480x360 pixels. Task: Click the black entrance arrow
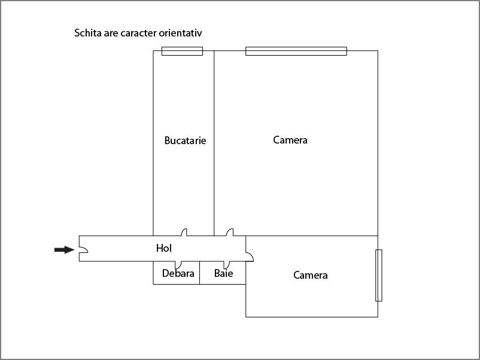tap(64, 249)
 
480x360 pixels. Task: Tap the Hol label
tap(164, 248)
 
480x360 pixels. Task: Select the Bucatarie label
tap(185, 141)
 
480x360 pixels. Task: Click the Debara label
tap(178, 273)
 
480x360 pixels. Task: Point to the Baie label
tap(223, 273)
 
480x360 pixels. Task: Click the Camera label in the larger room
tap(290, 140)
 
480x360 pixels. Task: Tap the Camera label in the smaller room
tap(311, 275)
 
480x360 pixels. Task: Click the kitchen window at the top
tap(182, 51)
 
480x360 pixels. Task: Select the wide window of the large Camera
tap(296, 51)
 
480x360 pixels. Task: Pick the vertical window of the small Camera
tap(379, 275)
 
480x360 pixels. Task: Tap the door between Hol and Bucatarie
tap(184, 232)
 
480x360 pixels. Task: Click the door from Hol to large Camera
tap(230, 232)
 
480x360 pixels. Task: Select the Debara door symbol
tap(178, 265)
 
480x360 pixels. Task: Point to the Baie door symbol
tap(227, 265)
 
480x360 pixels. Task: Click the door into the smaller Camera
tap(250, 257)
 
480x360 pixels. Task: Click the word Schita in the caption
tap(88, 33)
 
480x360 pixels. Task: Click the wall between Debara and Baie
tap(199, 273)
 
